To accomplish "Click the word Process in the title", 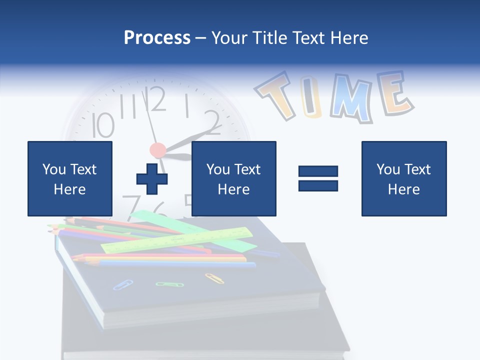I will click(157, 38).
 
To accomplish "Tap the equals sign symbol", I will click(318, 178).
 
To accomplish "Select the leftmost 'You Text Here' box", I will click(70, 178).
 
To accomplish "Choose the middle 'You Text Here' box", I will click(233, 178).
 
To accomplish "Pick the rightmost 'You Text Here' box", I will click(404, 178).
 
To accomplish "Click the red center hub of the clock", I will click(157, 149).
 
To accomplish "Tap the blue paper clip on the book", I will click(123, 284).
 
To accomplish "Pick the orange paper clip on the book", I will click(214, 278).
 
